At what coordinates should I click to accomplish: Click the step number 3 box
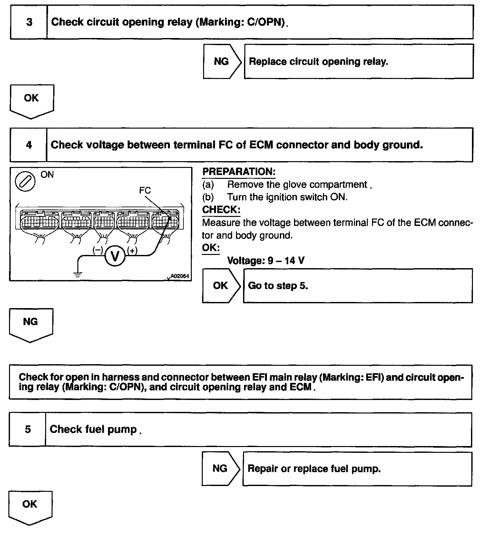(29, 22)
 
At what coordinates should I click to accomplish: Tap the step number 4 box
(29, 145)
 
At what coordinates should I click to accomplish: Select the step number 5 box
(28, 429)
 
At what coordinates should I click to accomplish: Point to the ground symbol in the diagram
(78, 275)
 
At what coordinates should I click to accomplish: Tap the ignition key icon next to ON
(25, 181)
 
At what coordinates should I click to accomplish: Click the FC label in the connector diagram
(145, 190)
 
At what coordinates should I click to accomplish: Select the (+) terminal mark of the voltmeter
(132, 250)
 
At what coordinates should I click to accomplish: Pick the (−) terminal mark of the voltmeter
(97, 250)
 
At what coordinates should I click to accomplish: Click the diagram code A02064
(179, 276)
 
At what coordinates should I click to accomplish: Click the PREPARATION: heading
(239, 172)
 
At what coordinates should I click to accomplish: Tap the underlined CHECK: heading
(221, 210)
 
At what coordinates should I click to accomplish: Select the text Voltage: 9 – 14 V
(266, 260)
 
